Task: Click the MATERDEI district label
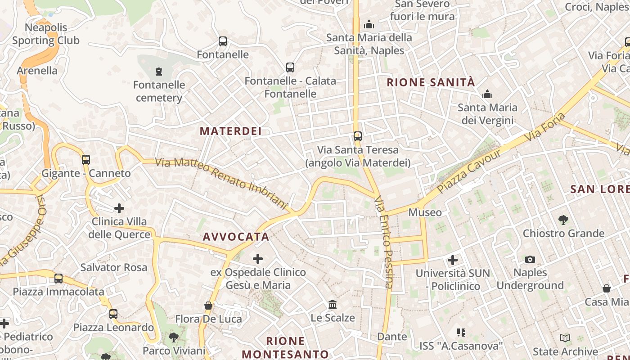230,131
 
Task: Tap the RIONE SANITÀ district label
431,82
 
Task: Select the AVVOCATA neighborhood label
236,237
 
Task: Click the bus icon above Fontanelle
223,41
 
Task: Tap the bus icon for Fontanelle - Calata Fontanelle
290,67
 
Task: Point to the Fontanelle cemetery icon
158,71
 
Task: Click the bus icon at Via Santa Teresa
358,136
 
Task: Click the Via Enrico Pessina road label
384,242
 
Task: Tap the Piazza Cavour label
469,171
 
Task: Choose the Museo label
425,212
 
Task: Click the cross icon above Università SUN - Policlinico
453,260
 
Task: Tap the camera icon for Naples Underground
530,259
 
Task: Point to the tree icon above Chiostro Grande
563,220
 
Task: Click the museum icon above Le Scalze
333,305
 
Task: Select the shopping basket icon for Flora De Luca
208,306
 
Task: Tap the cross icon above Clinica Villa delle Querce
119,208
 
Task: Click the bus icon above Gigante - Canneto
86,159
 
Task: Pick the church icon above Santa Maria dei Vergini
487,94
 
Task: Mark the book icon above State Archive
565,338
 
